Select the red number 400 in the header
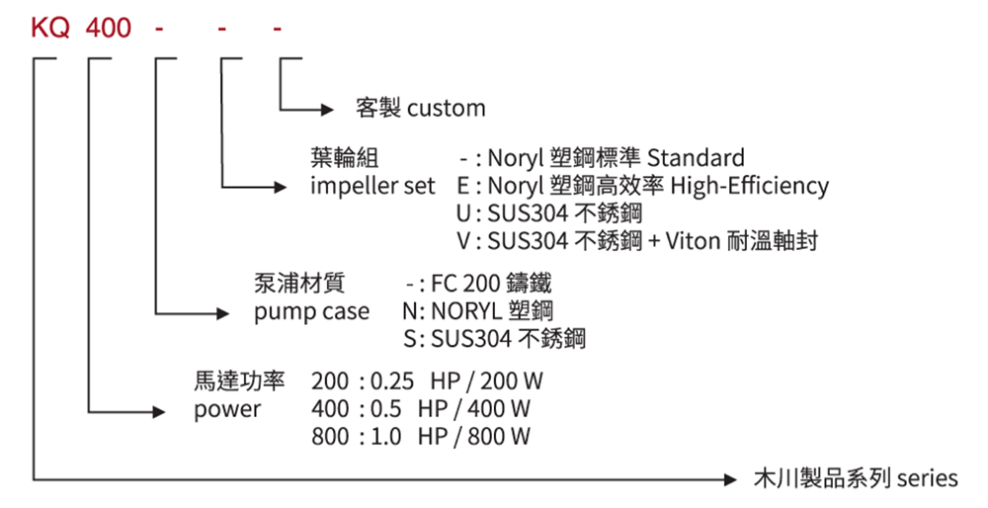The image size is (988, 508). click(x=109, y=28)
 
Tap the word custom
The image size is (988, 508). click(x=447, y=107)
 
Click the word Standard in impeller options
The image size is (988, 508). click(x=696, y=158)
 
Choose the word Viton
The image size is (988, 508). click(x=700, y=240)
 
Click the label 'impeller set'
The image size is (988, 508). click(x=372, y=186)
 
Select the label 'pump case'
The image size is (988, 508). click(x=312, y=312)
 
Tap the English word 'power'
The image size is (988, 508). click(x=227, y=408)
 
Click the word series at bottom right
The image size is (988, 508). click(x=927, y=479)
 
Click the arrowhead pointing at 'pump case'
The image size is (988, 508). click(x=222, y=313)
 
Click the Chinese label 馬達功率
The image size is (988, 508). click(x=240, y=381)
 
